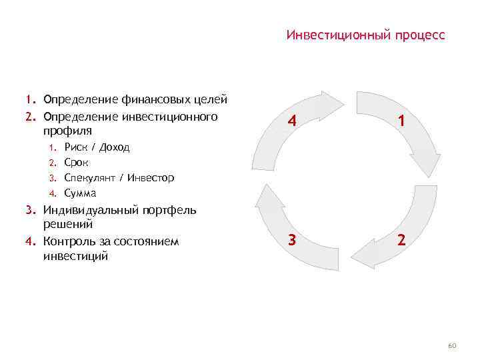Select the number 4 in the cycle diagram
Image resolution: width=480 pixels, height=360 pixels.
tap(291, 121)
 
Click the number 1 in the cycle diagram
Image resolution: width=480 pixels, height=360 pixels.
tap(401, 121)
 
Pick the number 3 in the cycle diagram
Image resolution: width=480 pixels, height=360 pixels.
tap(291, 240)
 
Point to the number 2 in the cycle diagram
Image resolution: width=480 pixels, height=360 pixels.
tap(401, 240)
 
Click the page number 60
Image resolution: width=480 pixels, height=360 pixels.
tap(451, 345)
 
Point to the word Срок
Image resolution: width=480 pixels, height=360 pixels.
tap(76, 162)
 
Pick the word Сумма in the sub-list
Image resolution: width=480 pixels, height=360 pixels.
tap(80, 193)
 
